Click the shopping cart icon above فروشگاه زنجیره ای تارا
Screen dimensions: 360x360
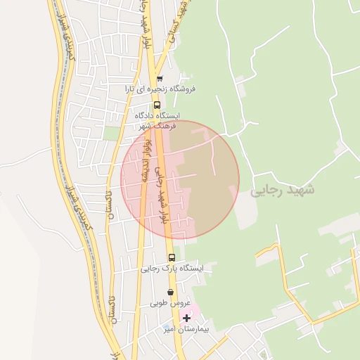coord(160,79)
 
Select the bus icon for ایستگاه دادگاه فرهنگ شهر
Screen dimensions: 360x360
coord(156,105)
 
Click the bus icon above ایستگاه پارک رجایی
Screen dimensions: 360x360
coord(172,257)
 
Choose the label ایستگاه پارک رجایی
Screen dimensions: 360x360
coord(172,268)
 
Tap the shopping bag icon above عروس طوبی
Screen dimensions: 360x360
coord(169,292)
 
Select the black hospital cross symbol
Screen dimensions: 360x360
coord(186,318)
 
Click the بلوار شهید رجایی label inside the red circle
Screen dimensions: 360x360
coord(162,195)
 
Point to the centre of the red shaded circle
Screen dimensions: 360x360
coord(180,180)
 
